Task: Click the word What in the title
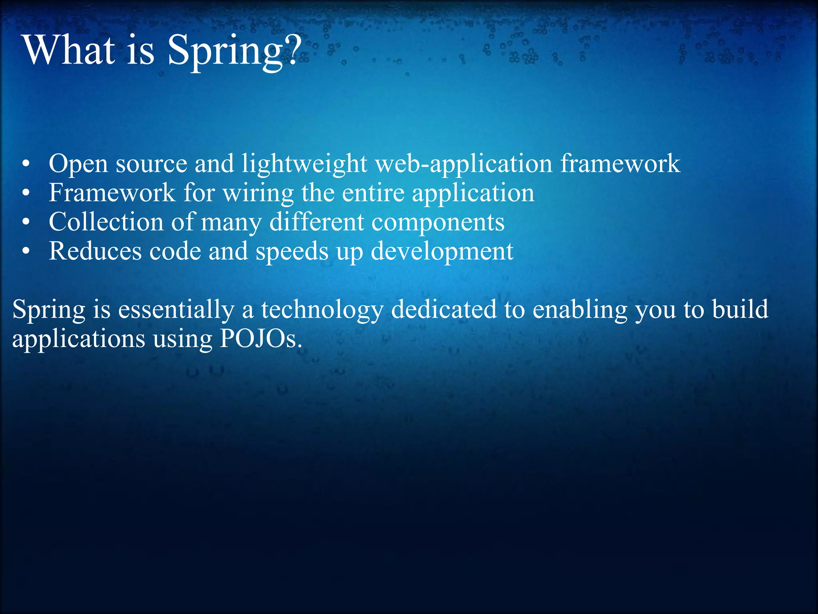click(69, 50)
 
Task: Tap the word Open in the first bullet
click(78, 163)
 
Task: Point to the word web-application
click(464, 163)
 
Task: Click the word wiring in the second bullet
click(258, 193)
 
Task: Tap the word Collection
click(106, 222)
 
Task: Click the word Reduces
click(95, 251)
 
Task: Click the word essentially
click(176, 310)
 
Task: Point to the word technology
click(322, 310)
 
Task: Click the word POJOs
click(260, 339)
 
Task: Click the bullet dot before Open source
click(26, 164)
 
